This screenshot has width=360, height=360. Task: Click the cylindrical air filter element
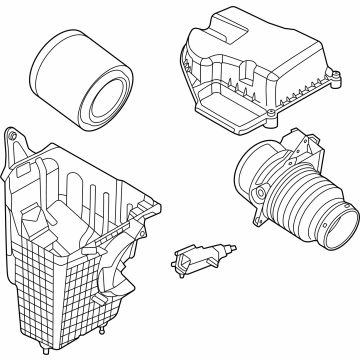tap(83, 80)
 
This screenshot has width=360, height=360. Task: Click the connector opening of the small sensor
tap(186, 261)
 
